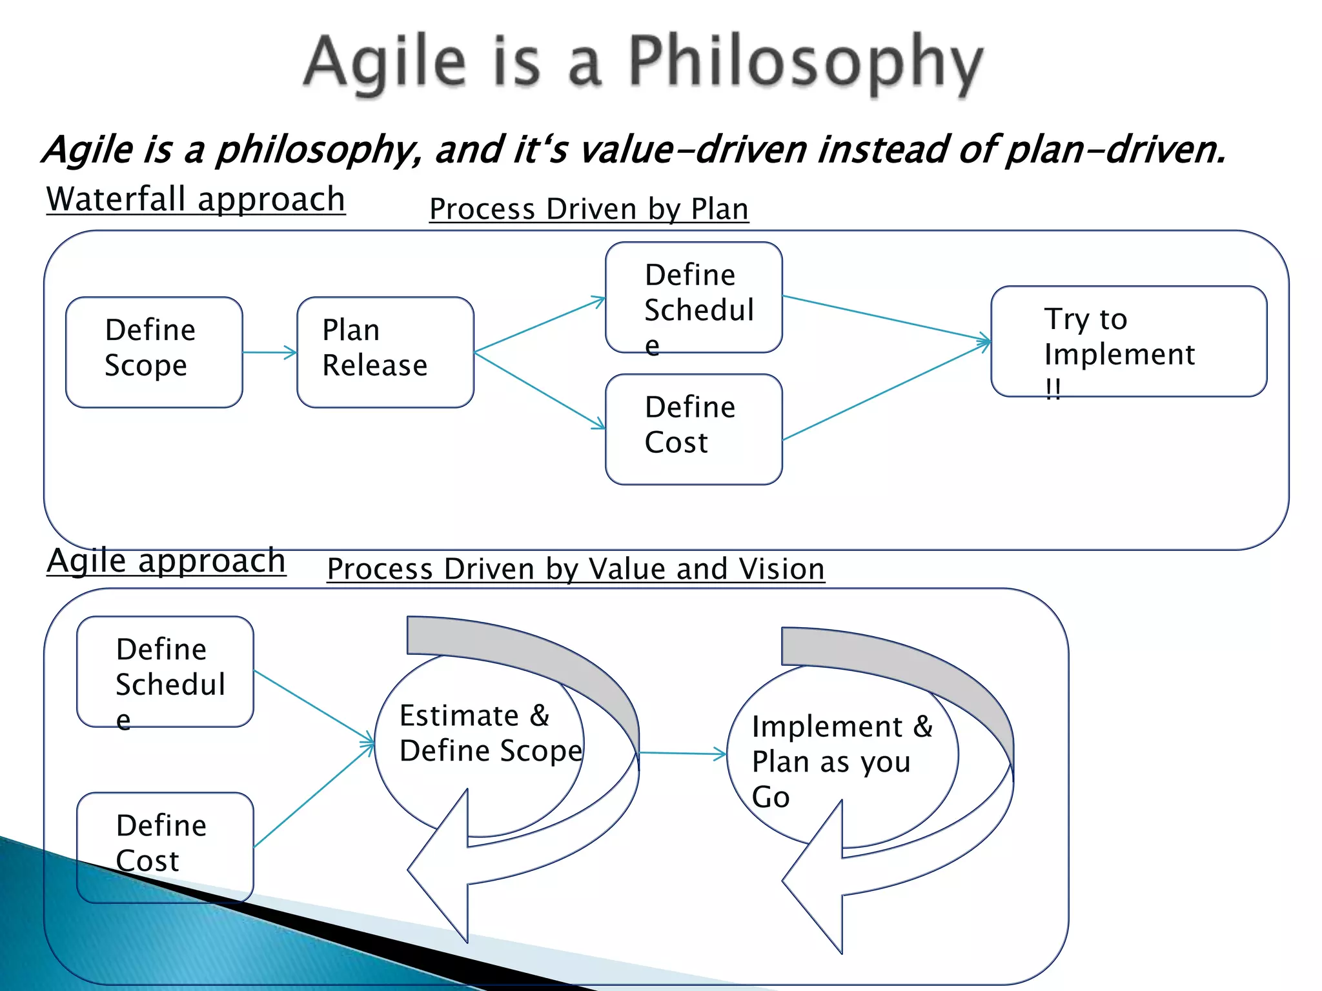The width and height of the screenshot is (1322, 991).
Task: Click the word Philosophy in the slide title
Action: pos(806,63)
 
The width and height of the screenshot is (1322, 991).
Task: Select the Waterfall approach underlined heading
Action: pos(196,199)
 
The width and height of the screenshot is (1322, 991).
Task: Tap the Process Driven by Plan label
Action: pos(589,209)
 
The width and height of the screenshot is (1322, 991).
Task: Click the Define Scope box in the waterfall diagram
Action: pos(154,352)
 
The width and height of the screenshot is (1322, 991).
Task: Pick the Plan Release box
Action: pos(385,352)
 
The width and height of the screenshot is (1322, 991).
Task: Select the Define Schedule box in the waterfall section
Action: pos(693,297)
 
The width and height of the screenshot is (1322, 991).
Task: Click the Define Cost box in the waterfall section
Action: pos(693,428)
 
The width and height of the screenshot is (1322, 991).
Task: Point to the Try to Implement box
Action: pos(1128,341)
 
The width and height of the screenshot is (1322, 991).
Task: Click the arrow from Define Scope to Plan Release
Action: pos(270,352)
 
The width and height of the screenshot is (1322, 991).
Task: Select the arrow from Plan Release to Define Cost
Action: pos(540,390)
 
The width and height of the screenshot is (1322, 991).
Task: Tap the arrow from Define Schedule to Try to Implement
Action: pos(886,318)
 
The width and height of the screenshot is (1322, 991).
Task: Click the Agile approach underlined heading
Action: pos(166,560)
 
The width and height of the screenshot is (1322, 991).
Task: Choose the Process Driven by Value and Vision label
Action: pos(576,569)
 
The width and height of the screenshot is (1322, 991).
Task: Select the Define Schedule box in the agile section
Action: pos(165,671)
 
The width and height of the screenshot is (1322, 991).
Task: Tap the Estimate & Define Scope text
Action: pos(489,733)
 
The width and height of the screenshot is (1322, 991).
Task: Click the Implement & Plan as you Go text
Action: pos(840,761)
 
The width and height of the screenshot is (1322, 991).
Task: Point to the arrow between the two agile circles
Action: pos(682,753)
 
